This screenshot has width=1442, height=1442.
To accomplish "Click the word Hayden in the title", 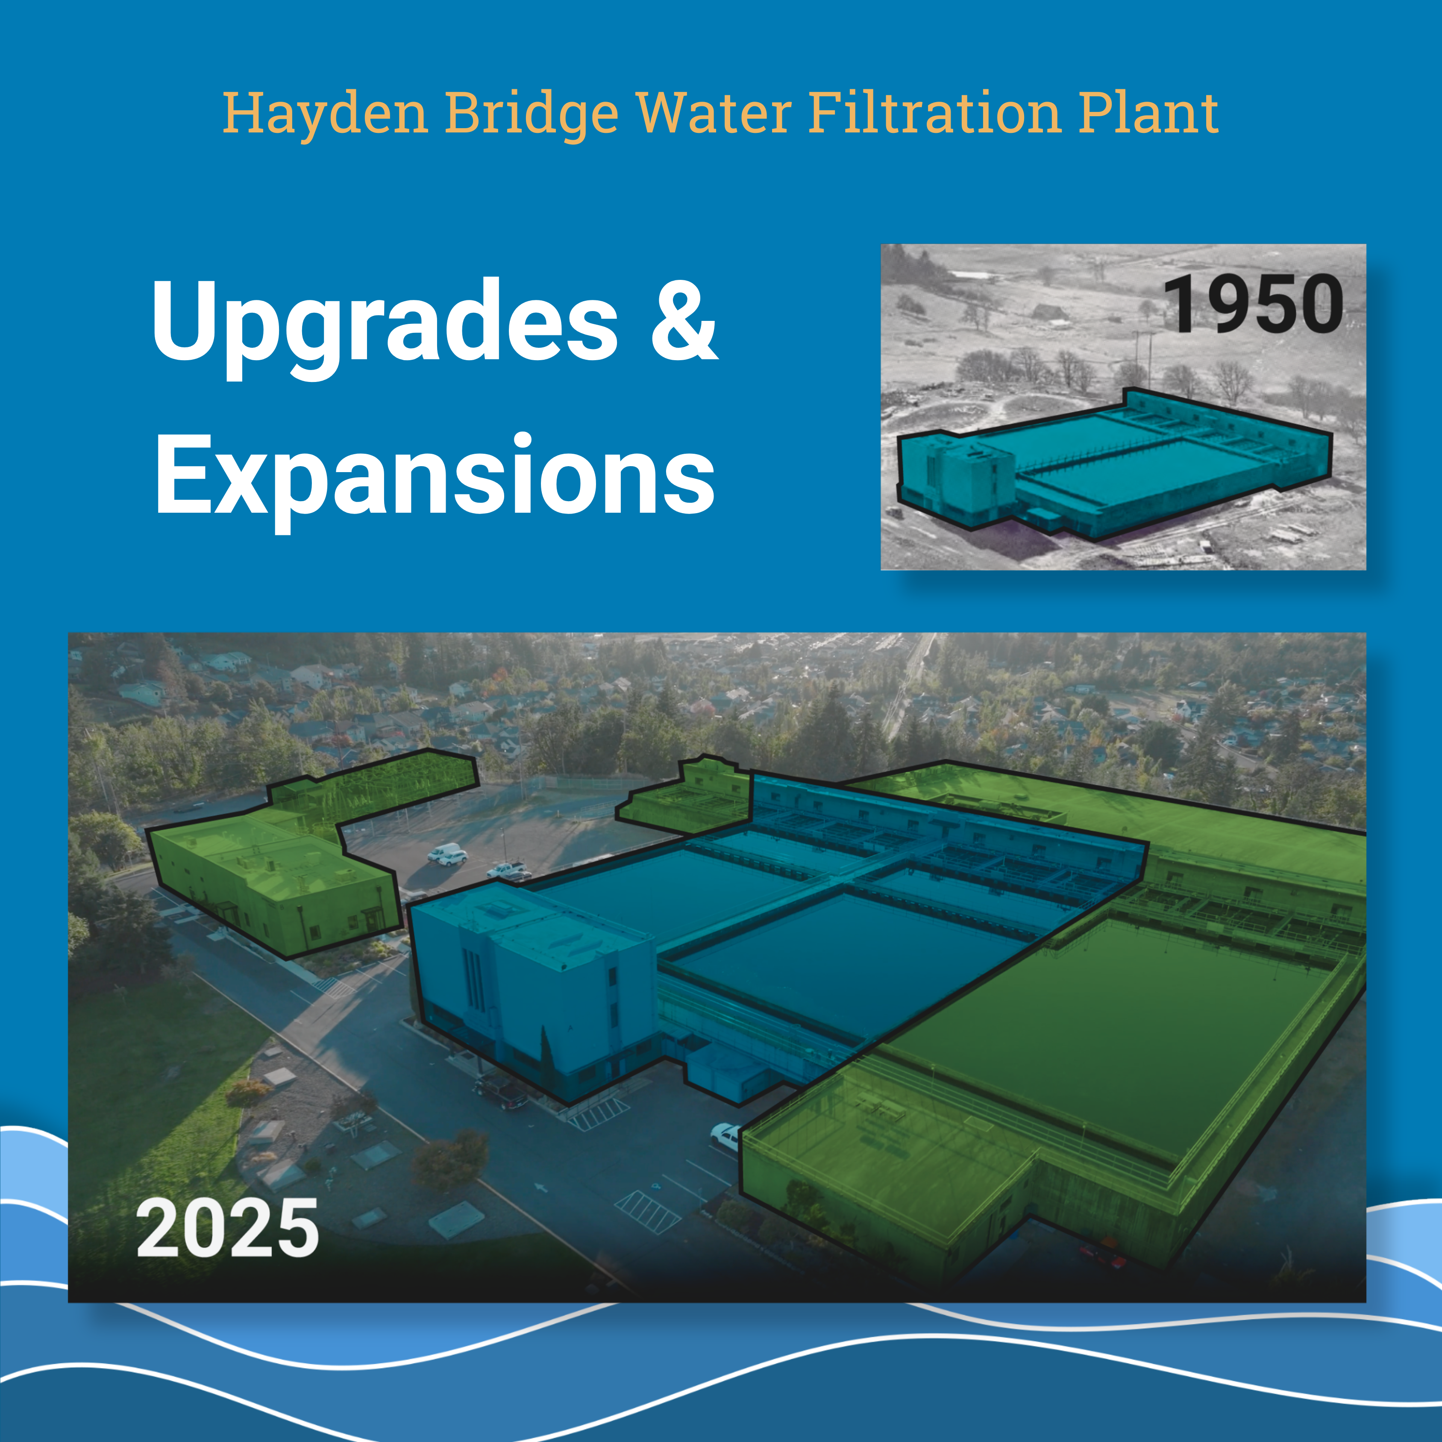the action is tap(326, 114).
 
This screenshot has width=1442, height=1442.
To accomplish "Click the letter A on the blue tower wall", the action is tap(570, 1028).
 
